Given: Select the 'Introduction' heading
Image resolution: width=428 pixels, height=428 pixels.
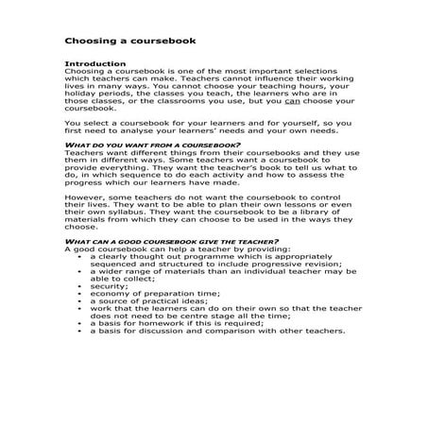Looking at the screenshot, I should (x=91, y=63).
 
